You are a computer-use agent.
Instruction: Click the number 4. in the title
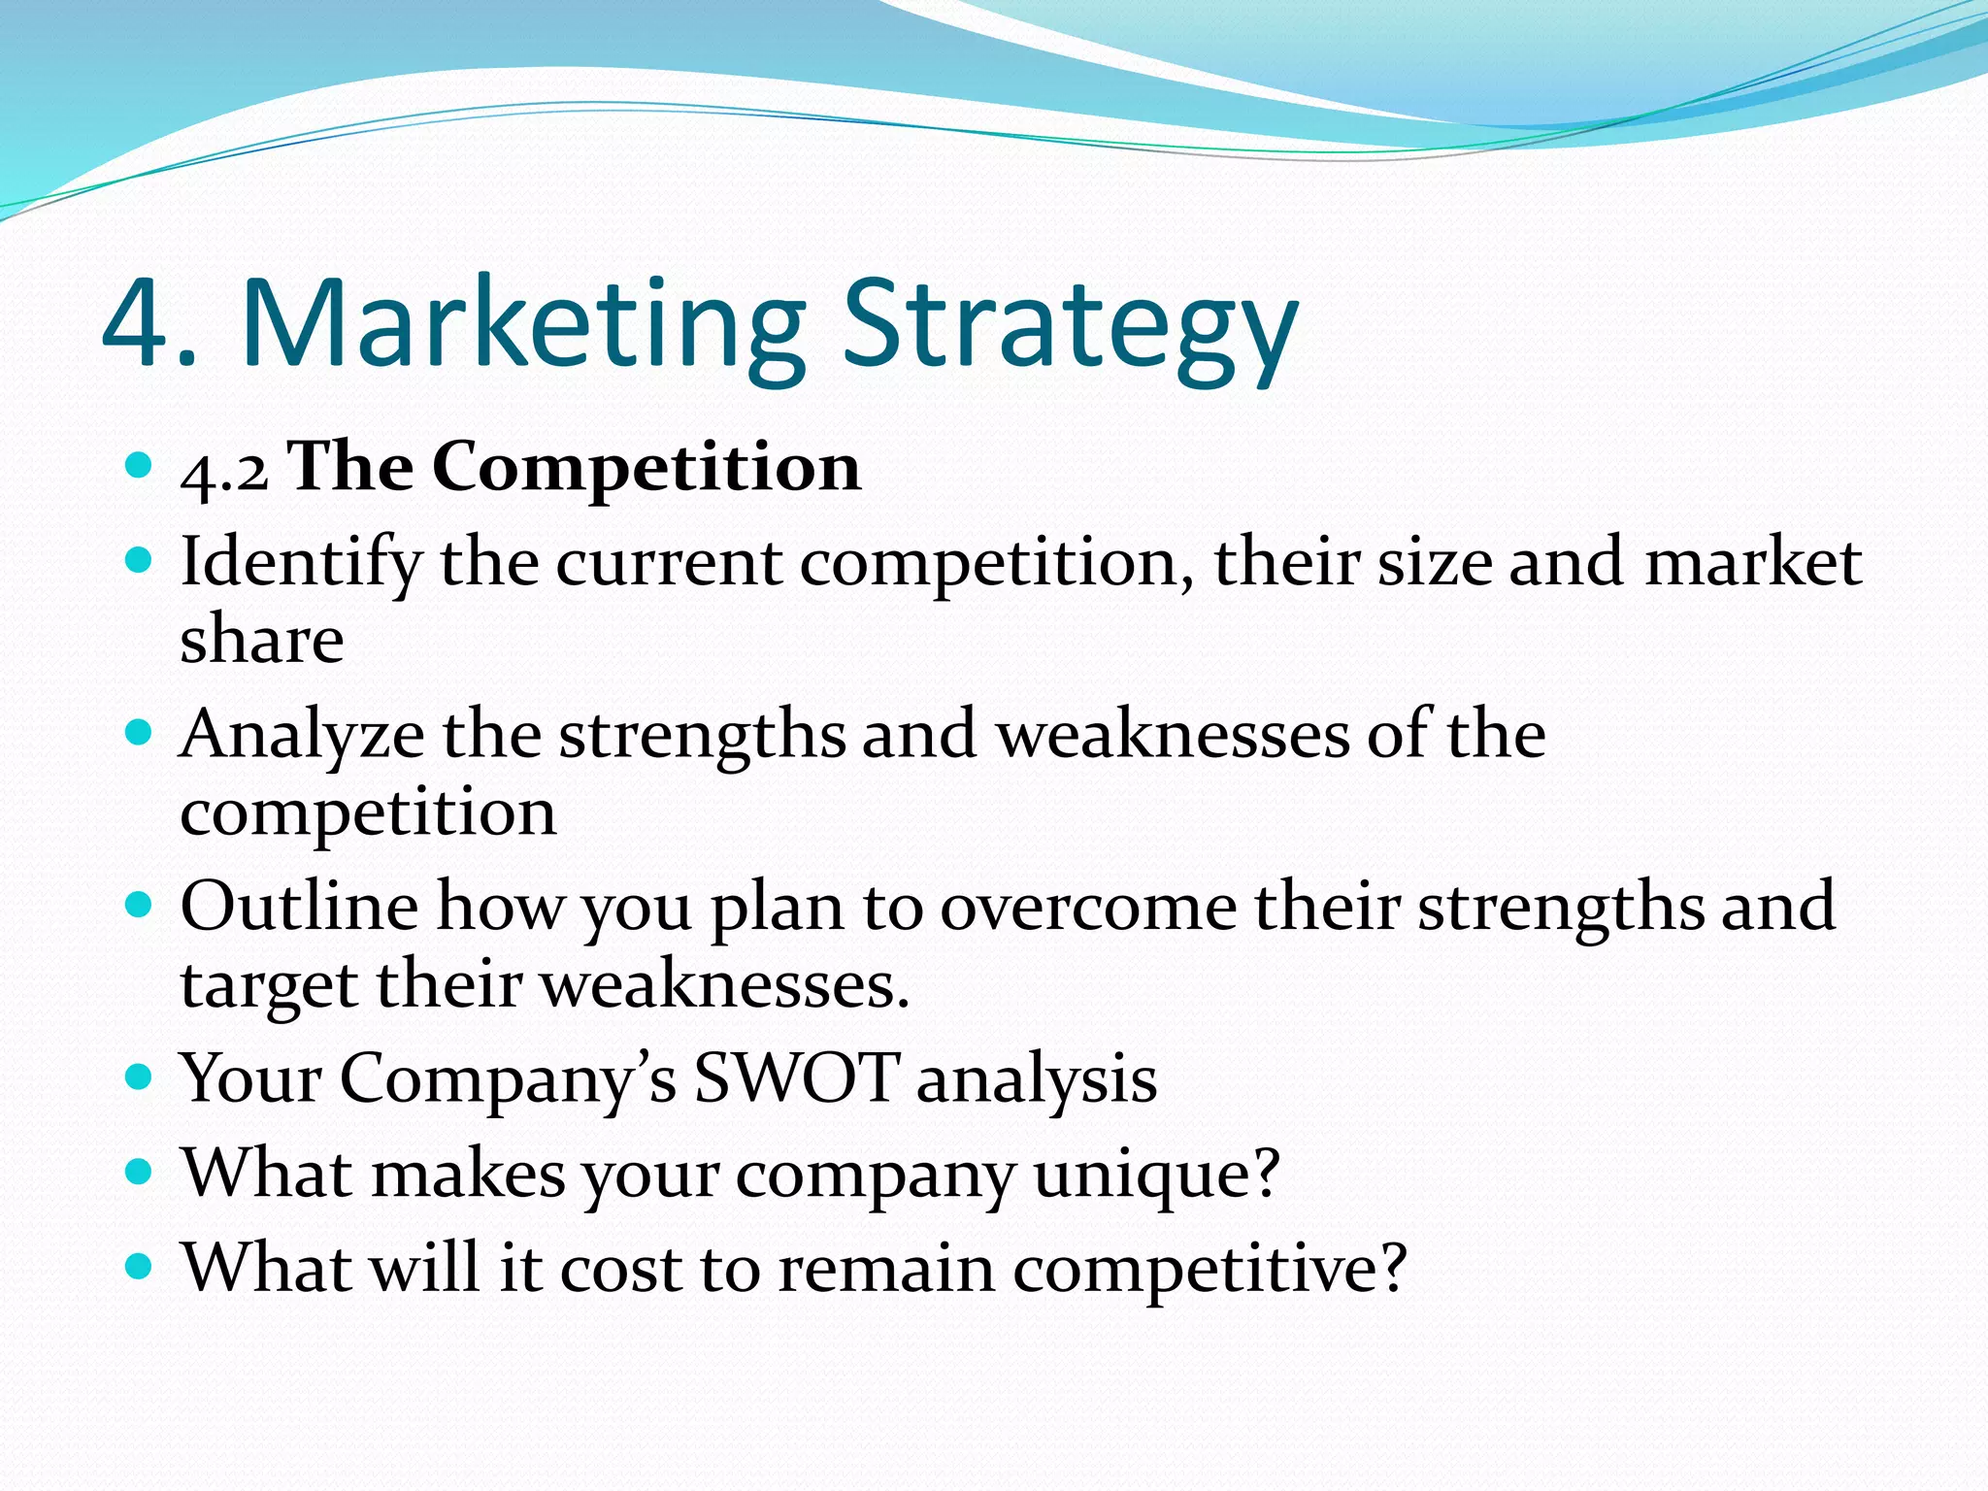point(148,323)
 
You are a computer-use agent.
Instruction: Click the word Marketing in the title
point(522,323)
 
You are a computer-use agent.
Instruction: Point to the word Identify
point(301,564)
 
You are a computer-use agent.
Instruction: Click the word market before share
point(1752,562)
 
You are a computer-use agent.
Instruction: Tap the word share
point(262,641)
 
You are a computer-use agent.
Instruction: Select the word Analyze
point(302,736)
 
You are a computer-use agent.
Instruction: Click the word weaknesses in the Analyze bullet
point(1174,734)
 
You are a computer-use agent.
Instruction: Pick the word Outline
point(299,906)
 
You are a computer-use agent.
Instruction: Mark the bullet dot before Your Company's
point(140,1077)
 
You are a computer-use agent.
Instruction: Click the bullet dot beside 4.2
point(140,466)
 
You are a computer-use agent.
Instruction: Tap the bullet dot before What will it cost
point(140,1267)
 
